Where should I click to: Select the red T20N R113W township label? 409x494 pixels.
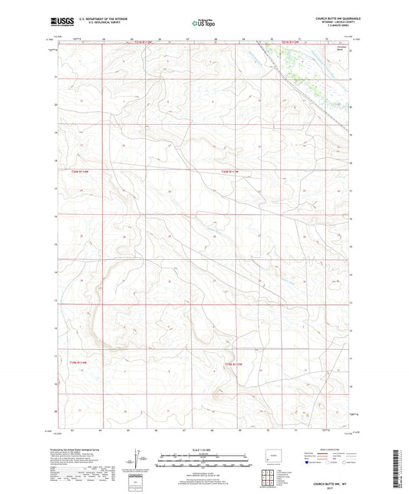(x=231, y=171)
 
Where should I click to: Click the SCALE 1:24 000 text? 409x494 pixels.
(x=204, y=449)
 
